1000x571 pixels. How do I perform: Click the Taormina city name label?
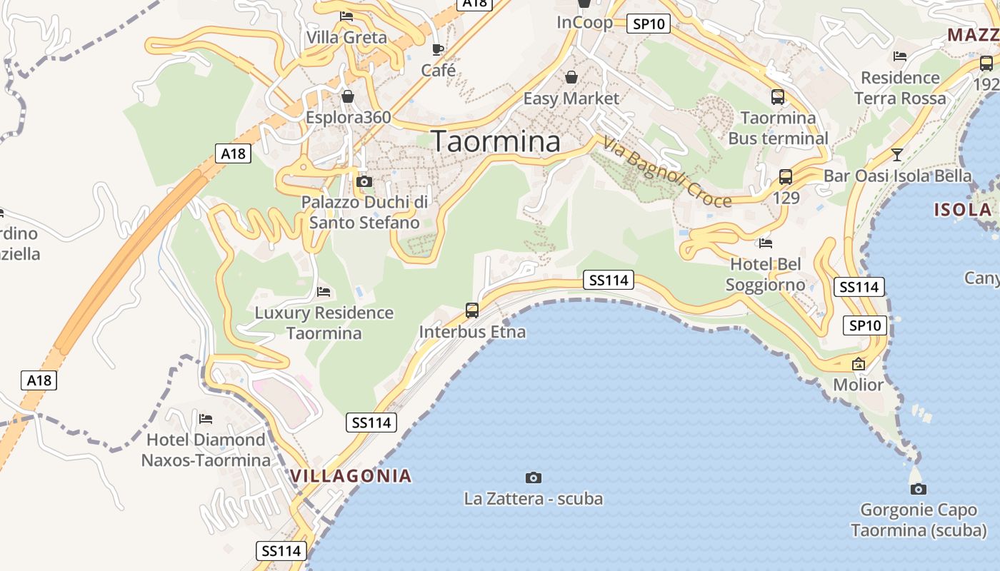496,141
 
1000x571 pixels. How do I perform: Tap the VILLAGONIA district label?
351,475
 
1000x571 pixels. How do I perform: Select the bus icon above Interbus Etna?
472,310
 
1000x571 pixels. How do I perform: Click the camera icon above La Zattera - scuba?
533,477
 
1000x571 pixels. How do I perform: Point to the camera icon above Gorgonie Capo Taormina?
919,489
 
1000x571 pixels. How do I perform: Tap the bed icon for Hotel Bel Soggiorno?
766,243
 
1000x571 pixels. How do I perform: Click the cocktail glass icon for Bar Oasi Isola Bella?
897,154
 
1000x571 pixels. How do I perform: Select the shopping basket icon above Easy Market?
571,76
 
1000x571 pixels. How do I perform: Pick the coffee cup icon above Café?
438,49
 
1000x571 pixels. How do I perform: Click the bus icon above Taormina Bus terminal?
778,96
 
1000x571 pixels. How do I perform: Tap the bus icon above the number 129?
786,176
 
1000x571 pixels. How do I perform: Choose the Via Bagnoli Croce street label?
667,172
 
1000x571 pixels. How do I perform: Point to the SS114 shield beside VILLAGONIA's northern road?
371,423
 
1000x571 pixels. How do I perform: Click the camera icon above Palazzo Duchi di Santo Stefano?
364,182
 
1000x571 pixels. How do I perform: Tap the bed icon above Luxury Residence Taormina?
324,292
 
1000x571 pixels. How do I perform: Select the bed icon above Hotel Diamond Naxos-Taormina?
206,418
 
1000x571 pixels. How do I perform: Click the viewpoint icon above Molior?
859,364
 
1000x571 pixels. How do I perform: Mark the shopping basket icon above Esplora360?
348,96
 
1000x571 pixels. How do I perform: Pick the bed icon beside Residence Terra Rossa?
900,56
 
